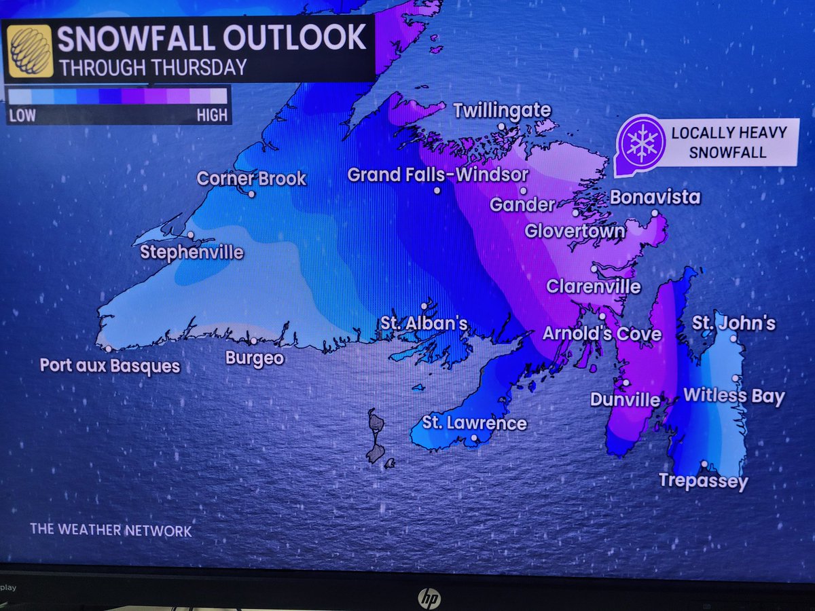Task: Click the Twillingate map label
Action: click(x=501, y=110)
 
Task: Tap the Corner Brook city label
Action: click(x=251, y=179)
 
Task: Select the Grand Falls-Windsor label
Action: click(x=437, y=174)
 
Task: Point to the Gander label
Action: click(x=522, y=204)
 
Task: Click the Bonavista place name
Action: click(x=655, y=198)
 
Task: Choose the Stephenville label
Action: click(x=191, y=253)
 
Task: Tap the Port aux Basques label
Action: click(x=109, y=366)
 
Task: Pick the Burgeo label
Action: click(x=254, y=357)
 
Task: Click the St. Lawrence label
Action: click(x=474, y=423)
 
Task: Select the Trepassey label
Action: click(x=703, y=481)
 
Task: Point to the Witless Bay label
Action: click(x=733, y=396)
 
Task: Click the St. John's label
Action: click(x=733, y=322)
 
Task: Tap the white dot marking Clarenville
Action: click(x=594, y=269)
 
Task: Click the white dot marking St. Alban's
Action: click(x=425, y=305)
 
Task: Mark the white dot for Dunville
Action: click(x=626, y=383)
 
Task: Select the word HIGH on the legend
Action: click(x=211, y=115)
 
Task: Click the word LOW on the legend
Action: click(x=22, y=115)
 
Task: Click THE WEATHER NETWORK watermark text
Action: click(x=111, y=530)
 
